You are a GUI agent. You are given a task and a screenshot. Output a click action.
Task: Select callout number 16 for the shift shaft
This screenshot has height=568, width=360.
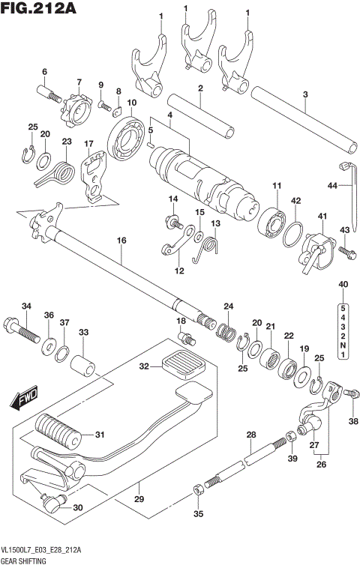pos(121,240)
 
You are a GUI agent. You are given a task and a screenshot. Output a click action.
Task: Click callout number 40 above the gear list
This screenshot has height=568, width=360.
pos(343,284)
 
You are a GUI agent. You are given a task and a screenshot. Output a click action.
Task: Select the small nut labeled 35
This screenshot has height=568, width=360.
pos(197,491)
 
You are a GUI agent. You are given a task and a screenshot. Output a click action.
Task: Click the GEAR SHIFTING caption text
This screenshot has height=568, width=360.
pos(24,560)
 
